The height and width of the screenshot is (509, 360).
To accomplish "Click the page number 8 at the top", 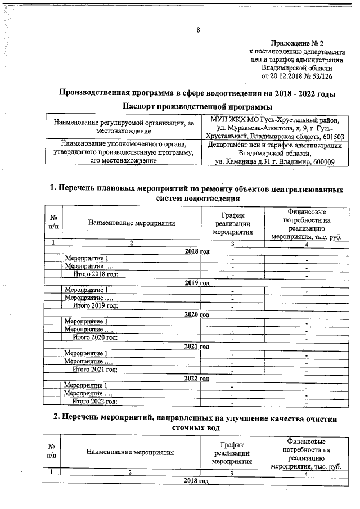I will [198, 30].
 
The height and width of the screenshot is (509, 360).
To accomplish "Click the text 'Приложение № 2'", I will [298, 43].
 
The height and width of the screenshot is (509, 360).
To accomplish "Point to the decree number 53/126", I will [322, 75].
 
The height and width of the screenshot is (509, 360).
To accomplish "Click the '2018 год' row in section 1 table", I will [197, 251].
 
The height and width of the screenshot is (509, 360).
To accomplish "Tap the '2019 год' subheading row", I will [197, 282].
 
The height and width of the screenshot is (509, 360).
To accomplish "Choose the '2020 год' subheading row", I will [197, 314].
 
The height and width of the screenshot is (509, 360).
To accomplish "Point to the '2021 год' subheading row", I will [197, 346].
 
